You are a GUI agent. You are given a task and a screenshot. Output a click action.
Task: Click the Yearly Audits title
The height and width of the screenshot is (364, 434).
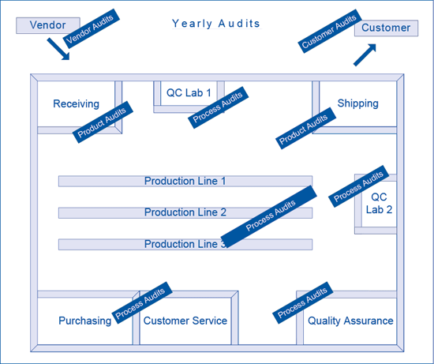[x=216, y=24]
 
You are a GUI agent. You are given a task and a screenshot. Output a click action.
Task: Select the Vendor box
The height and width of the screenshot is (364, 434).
[x=48, y=25]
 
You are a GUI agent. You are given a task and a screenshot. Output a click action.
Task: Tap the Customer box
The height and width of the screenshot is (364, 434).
[x=386, y=28]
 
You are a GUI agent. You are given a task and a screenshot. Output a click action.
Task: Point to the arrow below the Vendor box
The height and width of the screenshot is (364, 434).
[x=58, y=49]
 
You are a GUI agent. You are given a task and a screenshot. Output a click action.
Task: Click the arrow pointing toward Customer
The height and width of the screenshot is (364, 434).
[x=365, y=54]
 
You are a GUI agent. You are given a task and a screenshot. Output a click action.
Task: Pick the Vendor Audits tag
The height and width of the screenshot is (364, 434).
[x=92, y=28]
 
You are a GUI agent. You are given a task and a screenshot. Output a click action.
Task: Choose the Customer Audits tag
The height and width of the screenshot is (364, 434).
[x=330, y=31]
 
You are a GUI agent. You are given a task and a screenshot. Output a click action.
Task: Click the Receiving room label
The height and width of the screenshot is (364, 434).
[x=76, y=104]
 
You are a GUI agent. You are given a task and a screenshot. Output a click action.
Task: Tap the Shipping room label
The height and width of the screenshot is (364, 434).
[x=358, y=103]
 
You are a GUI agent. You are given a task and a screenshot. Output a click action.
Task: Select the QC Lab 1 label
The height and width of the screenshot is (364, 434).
[x=189, y=93]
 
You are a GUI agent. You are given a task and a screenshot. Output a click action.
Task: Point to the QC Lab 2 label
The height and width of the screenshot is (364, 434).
[x=379, y=204]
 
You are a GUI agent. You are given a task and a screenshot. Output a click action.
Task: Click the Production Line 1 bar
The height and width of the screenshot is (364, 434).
[x=185, y=181]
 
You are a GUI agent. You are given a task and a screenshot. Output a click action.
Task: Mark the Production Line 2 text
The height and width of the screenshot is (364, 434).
[x=185, y=212]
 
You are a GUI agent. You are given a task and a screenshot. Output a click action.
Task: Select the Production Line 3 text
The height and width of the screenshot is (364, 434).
[x=185, y=244]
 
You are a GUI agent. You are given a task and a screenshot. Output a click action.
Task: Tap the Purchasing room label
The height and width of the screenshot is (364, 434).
[x=85, y=321]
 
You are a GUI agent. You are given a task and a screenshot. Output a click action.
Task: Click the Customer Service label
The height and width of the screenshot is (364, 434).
[x=185, y=321]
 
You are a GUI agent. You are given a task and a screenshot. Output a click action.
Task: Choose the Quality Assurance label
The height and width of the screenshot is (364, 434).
[x=350, y=321]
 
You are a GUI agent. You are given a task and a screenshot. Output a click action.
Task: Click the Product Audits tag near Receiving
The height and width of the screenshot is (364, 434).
[x=103, y=122]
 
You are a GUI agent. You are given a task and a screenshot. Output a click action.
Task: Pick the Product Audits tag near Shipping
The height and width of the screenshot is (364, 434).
[x=306, y=128]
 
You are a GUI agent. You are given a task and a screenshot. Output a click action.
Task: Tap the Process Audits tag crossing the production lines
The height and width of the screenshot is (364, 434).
[x=269, y=216]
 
